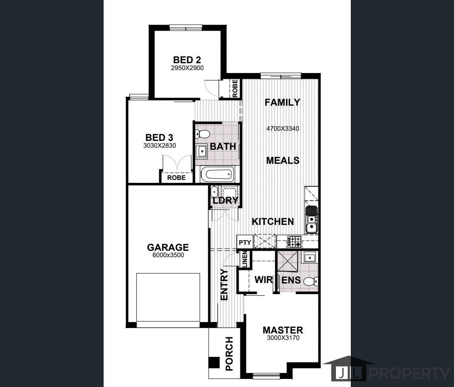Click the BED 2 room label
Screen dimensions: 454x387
point(187,60)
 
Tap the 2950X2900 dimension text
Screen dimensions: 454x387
point(187,68)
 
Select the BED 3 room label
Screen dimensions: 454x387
point(159,137)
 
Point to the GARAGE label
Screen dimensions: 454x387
point(168,247)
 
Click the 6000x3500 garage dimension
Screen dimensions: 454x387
point(168,255)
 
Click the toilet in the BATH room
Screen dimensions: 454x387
point(202,134)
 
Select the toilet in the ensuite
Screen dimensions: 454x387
point(312,281)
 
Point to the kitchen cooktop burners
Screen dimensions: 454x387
point(294,242)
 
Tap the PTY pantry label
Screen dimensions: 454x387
point(245,242)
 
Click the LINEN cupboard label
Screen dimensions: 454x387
point(245,259)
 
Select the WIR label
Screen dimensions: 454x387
point(263,280)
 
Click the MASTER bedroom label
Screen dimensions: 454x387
point(283,330)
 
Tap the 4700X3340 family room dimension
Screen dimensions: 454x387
point(282,129)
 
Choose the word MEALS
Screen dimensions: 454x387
point(282,160)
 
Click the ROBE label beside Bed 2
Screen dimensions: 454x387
point(235,88)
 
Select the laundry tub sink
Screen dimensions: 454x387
point(214,191)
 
